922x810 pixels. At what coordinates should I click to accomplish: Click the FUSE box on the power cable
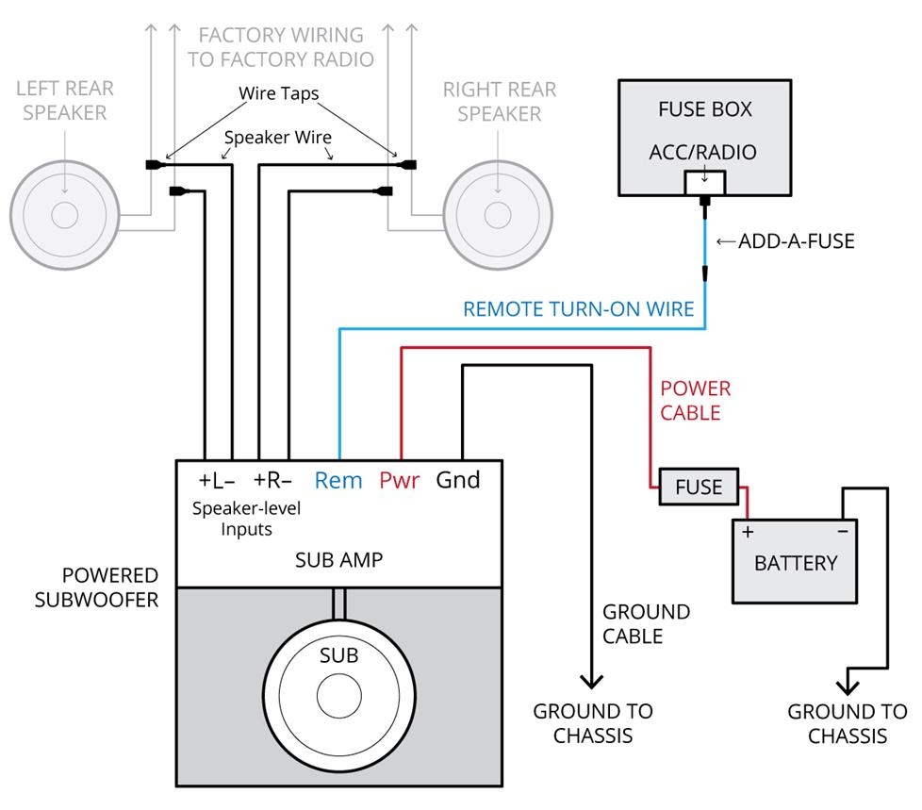(x=699, y=488)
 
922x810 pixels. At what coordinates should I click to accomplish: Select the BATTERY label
(x=796, y=563)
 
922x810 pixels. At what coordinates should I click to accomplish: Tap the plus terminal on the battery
(x=749, y=532)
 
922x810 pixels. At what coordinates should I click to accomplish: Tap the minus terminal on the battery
(x=842, y=532)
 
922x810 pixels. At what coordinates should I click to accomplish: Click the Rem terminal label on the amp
(x=338, y=480)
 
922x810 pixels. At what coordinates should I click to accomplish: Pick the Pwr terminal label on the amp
(x=399, y=480)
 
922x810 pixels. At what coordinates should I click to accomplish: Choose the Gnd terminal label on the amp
(x=457, y=480)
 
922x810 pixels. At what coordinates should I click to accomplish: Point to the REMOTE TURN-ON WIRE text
(x=578, y=308)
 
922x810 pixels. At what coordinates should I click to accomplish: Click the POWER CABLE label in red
(x=695, y=401)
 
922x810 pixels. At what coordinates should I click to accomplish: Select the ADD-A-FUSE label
(x=796, y=241)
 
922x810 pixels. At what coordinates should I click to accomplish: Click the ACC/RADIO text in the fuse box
(x=703, y=152)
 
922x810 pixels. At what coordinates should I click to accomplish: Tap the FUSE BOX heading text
(x=705, y=109)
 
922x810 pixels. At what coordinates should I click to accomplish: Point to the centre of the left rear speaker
(x=64, y=216)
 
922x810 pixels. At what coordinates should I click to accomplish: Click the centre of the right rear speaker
(x=498, y=216)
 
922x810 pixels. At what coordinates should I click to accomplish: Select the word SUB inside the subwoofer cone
(x=339, y=655)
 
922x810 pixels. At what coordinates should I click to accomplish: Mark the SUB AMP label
(x=338, y=560)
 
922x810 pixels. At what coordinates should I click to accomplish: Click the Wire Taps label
(x=278, y=94)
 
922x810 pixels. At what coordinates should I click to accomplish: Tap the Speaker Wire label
(x=278, y=138)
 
